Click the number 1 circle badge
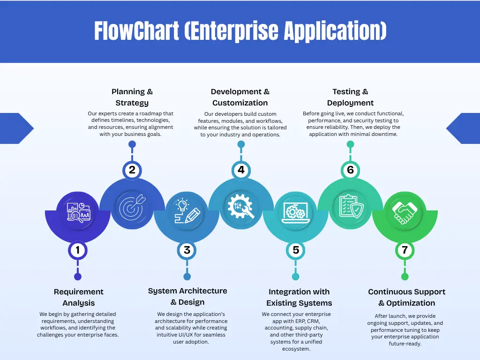pyautogui.click(x=78, y=250)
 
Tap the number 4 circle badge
pyautogui.click(x=241, y=170)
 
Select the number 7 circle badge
pyautogui.click(x=405, y=250)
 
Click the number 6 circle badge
pyautogui.click(x=350, y=170)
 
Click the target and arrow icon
pyautogui.click(x=132, y=208)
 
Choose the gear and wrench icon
pyautogui.click(x=240, y=206)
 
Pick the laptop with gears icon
pyautogui.click(x=296, y=212)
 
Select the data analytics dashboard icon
pyautogui.click(x=79, y=212)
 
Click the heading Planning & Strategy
pyautogui.click(x=132, y=97)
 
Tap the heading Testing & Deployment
pyautogui.click(x=350, y=97)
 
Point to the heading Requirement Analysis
pyautogui.click(x=79, y=297)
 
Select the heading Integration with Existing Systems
pyautogui.click(x=299, y=297)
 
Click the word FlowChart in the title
pyautogui.click(x=136, y=30)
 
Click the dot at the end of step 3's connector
pyautogui.click(x=187, y=277)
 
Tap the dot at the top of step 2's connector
pyautogui.click(x=132, y=144)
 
